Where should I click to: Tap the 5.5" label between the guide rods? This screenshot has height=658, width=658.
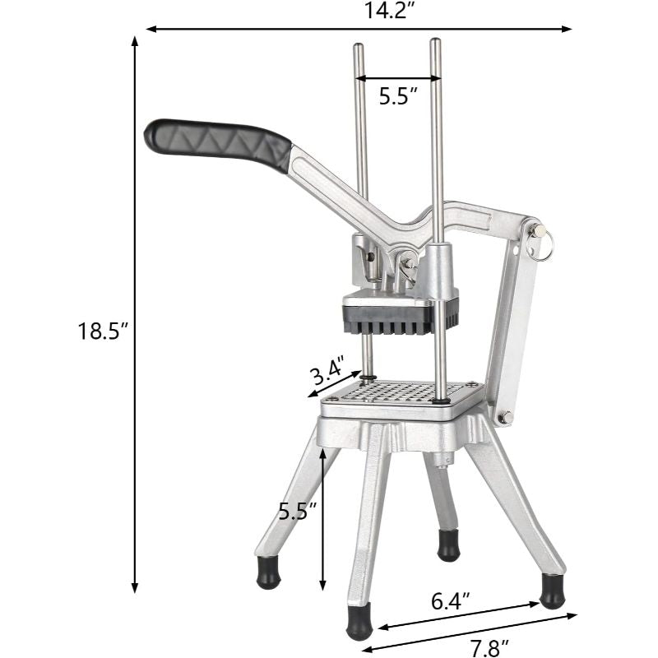pos(398,95)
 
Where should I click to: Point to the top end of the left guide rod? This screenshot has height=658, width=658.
pos(359,47)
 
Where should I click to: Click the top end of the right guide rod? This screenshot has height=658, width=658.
pos(435,42)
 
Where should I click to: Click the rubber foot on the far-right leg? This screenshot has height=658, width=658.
pos(552,591)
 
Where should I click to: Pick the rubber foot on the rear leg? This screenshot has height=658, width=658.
pos(448,544)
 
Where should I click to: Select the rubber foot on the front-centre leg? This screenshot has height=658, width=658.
pos(359,622)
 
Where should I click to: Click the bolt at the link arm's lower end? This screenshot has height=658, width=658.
pos(507,418)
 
